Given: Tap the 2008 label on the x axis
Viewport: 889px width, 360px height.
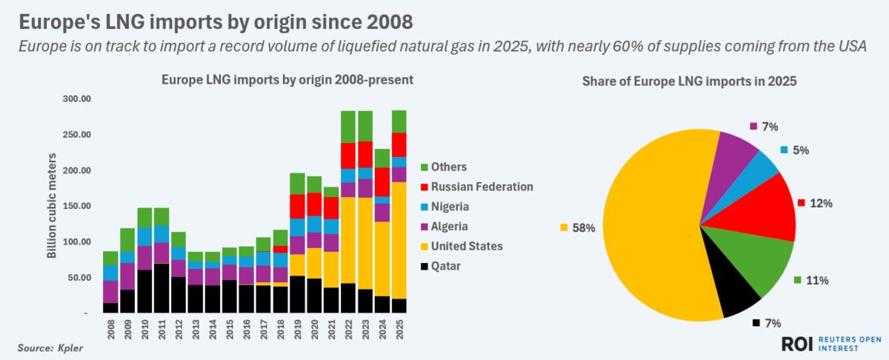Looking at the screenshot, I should [x=110, y=330].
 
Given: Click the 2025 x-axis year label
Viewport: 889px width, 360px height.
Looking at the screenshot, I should [x=399, y=330].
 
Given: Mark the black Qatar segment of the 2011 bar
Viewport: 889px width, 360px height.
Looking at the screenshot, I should [x=161, y=288].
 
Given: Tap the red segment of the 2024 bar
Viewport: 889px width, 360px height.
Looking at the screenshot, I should [x=382, y=181].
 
